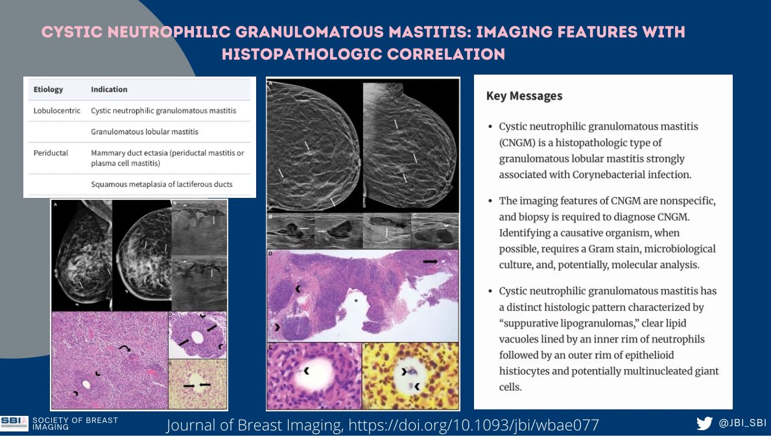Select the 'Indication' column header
(x=109, y=89)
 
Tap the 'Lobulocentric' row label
(x=57, y=111)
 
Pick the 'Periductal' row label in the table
(x=51, y=153)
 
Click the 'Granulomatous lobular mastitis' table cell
(x=145, y=132)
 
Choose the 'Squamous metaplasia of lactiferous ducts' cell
(x=161, y=184)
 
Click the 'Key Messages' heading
(x=524, y=96)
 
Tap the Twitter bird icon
(x=704, y=423)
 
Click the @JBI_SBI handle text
(x=741, y=423)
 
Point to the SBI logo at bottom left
(x=14, y=422)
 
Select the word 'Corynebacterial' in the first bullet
(x=615, y=175)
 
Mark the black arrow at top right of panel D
(x=430, y=260)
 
